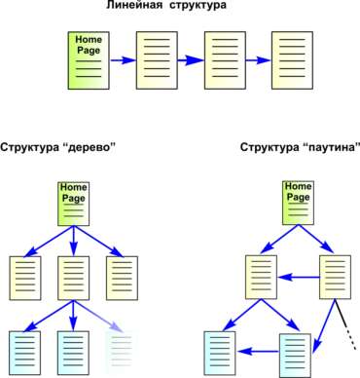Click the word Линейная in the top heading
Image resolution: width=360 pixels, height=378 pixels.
point(133,5)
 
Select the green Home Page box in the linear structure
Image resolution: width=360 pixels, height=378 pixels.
point(89,60)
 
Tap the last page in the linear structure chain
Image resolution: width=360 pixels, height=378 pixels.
point(292,60)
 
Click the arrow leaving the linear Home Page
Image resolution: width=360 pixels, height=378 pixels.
point(123,60)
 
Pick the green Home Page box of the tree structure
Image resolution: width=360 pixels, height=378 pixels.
point(74,204)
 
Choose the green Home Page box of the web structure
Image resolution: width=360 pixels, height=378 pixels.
point(298,203)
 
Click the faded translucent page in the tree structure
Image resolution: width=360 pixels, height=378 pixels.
point(122,353)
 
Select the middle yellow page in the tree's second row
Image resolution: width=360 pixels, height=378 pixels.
point(74,278)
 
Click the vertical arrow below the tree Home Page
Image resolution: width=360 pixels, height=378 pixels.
point(74,241)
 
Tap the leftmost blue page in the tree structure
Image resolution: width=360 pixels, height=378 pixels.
point(25,353)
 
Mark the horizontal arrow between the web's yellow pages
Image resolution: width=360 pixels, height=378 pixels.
point(299,278)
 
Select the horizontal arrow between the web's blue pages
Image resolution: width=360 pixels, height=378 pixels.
point(258,351)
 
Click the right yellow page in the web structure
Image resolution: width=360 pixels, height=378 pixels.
point(335,277)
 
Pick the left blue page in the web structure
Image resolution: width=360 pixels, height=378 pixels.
point(220,353)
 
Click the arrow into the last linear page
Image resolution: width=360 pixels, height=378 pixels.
point(258,60)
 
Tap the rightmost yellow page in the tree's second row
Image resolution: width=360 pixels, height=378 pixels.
point(122,278)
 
